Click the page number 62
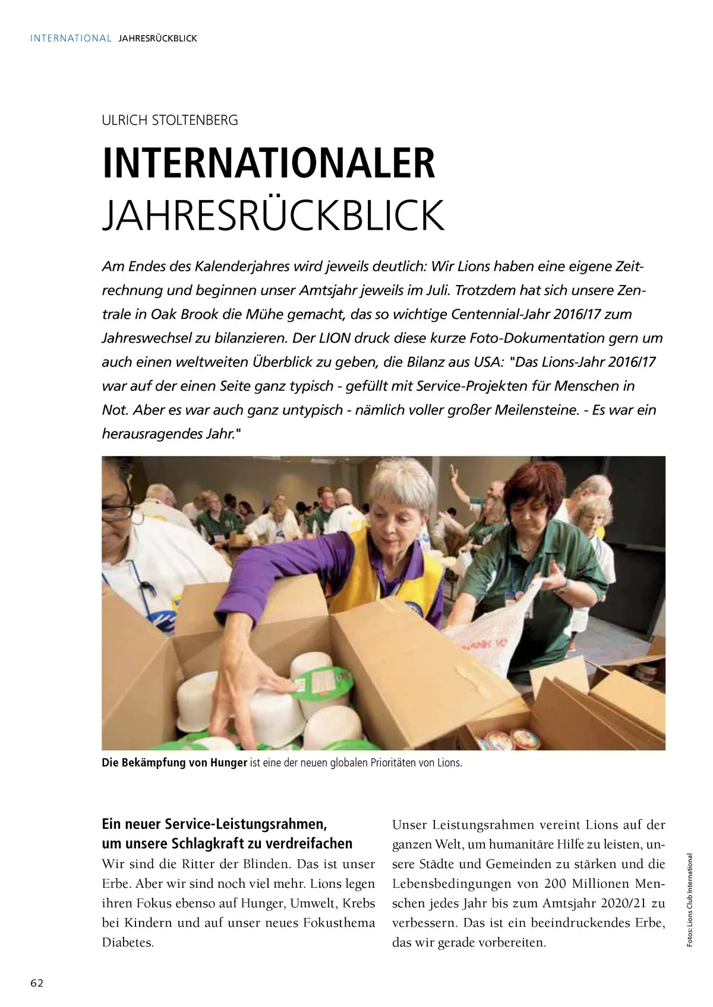tap(37, 983)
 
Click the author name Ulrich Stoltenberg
tap(170, 121)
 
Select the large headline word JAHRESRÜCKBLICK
tap(273, 216)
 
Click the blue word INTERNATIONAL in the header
tap(71, 39)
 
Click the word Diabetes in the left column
tap(128, 943)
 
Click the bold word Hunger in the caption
tap(228, 763)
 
